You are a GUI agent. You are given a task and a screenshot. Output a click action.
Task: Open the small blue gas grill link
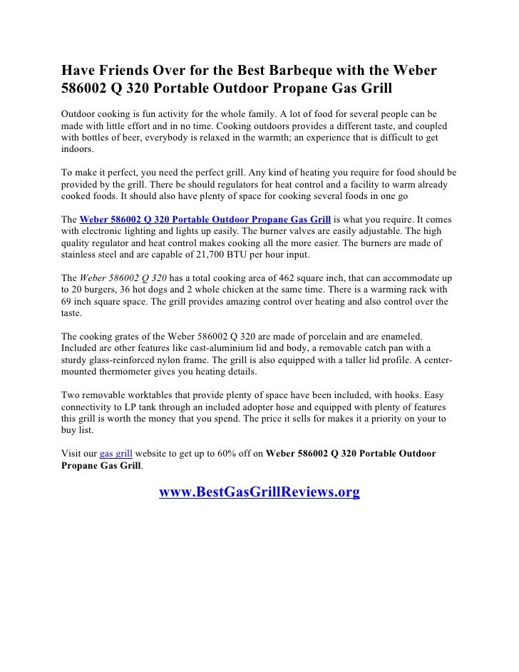(114, 452)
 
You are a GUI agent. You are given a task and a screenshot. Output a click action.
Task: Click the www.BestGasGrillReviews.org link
(259, 492)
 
